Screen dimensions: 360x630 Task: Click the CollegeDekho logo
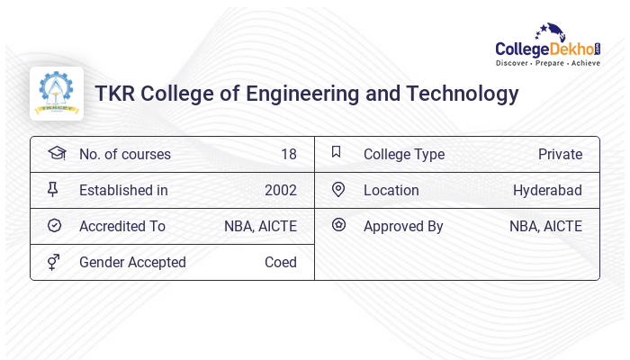coord(547,46)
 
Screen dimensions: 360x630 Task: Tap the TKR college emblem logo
coord(57,94)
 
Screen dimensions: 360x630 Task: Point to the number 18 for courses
coord(288,154)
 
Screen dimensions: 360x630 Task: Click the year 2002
coord(280,190)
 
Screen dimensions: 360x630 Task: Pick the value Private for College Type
coord(560,154)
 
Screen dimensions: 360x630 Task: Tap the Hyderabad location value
coord(547,190)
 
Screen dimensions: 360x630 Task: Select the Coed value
coord(280,262)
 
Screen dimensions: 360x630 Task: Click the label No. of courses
coord(124,154)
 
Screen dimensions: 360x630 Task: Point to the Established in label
coord(123,190)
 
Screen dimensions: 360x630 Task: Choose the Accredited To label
coord(121,226)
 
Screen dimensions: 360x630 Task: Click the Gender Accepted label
coord(132,262)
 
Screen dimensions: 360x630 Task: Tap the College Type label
coord(403,154)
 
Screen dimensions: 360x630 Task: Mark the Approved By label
coord(403,226)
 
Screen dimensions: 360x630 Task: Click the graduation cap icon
coord(56,153)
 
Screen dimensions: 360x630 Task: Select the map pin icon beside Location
coord(338,189)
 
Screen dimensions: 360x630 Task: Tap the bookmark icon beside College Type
coord(337,152)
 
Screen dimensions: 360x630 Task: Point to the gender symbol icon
coord(54,262)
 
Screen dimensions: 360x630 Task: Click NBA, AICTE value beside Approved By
coord(545,226)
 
